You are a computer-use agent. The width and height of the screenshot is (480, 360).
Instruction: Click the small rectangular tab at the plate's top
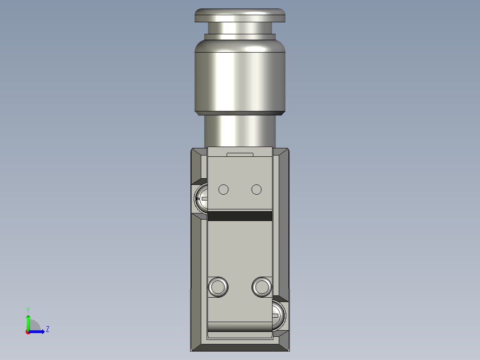(x=240, y=155)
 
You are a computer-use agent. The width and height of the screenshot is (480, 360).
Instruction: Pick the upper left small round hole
(x=224, y=190)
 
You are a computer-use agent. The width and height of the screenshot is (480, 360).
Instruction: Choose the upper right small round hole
(x=256, y=190)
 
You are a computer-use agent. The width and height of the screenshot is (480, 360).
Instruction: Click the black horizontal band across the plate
(x=240, y=216)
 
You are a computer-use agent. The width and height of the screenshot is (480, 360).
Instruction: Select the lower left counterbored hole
(x=219, y=286)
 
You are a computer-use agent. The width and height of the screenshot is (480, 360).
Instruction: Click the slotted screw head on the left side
(x=201, y=198)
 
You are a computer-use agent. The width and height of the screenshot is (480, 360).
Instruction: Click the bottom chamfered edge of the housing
(x=240, y=347)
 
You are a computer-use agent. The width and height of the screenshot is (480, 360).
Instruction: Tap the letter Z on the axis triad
(x=47, y=329)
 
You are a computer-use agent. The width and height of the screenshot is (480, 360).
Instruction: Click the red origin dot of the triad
(x=28, y=332)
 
